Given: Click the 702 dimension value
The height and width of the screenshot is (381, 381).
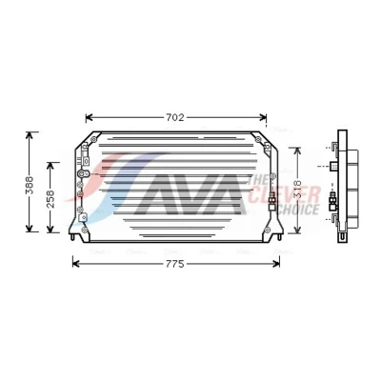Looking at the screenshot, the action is tap(175, 117).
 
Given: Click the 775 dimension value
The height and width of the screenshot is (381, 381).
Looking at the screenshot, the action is tap(175, 264).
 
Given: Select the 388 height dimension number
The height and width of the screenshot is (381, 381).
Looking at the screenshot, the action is tap(30, 185).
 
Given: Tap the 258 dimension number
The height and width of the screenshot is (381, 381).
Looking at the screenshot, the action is tap(50, 199).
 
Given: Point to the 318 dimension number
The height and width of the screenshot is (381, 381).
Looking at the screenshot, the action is tap(297, 190).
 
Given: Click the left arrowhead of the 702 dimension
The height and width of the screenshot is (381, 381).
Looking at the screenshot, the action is tap(89, 118).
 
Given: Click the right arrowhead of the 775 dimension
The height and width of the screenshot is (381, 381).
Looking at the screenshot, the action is tap(276, 264).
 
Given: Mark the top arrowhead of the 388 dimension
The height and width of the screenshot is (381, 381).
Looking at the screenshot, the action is tap(30, 135).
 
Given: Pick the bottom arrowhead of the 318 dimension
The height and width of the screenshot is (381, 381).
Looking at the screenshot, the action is tap(297, 230).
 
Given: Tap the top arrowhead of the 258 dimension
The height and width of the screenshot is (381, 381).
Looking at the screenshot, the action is tap(50, 166).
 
